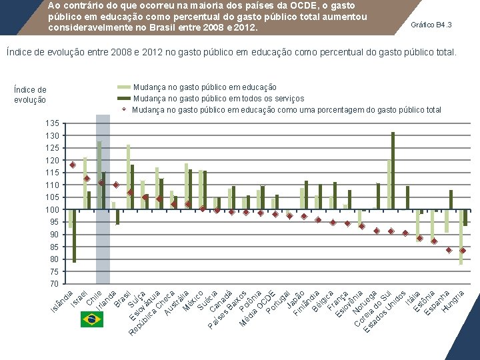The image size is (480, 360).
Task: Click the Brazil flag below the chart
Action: click(x=91, y=319)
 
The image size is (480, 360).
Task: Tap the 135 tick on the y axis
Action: click(x=53, y=123)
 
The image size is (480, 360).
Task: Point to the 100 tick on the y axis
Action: click(x=53, y=210)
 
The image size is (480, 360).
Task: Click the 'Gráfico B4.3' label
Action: click(x=431, y=25)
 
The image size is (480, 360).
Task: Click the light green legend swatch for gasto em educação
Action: click(x=123, y=87)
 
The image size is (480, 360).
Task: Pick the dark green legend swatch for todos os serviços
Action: click(x=123, y=99)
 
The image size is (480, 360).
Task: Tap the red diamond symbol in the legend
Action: click(x=123, y=109)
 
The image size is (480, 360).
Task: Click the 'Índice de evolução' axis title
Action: click(x=30, y=95)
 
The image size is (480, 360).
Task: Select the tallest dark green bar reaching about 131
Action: click(x=393, y=171)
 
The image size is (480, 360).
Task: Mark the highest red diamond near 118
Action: click(x=73, y=165)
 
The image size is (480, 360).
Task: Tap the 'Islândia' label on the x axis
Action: click(x=62, y=301)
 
